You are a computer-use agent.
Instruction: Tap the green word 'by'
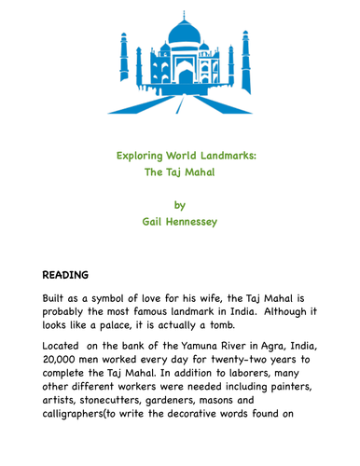180,204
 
